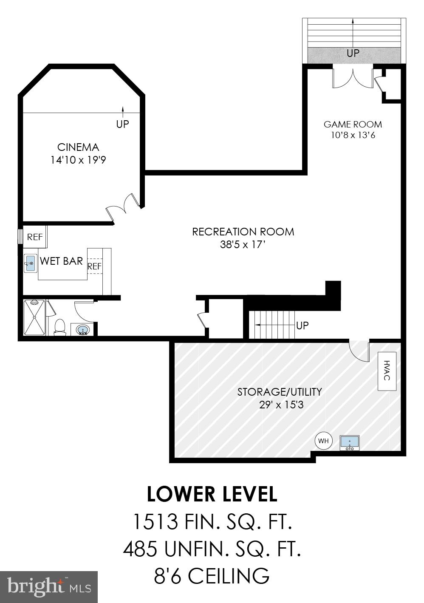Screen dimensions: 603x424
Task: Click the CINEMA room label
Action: click(x=78, y=147)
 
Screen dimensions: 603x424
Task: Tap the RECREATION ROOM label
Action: click(x=243, y=232)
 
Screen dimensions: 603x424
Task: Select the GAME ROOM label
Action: click(x=353, y=124)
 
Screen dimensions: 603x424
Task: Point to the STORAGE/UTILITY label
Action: click(x=280, y=391)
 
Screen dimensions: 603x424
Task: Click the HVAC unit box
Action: click(x=387, y=371)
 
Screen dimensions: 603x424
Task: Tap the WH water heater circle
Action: click(x=324, y=441)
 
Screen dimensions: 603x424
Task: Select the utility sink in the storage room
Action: click(x=350, y=443)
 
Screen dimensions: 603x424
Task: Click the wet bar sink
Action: click(x=30, y=263)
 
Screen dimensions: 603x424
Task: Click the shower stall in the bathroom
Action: click(x=34, y=317)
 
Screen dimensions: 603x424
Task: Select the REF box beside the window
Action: click(x=35, y=237)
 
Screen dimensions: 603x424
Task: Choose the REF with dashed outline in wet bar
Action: click(x=94, y=266)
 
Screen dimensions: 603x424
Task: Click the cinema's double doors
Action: click(x=123, y=207)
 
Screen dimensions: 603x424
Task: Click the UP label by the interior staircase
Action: click(x=302, y=326)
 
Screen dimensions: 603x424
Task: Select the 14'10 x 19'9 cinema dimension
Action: click(x=78, y=160)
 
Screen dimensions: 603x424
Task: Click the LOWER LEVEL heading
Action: click(x=212, y=494)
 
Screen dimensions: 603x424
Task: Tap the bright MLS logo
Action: click(x=49, y=587)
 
